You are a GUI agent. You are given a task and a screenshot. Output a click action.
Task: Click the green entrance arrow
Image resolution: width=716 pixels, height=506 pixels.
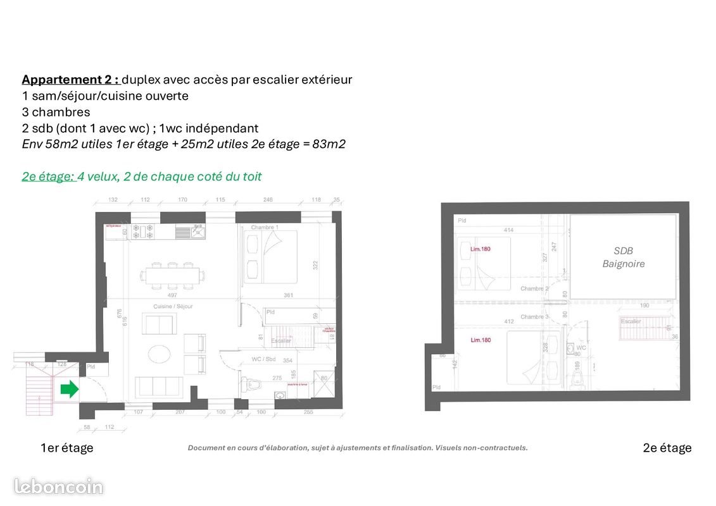69,389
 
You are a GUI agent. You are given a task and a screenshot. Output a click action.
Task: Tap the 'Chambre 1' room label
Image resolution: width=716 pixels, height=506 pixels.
265,227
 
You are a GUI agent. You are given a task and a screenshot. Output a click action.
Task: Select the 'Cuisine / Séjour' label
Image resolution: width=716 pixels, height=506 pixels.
173,306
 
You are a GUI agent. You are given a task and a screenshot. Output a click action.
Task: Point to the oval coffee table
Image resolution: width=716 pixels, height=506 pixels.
159,353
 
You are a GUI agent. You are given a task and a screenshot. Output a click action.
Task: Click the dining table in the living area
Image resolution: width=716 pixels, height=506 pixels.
172,275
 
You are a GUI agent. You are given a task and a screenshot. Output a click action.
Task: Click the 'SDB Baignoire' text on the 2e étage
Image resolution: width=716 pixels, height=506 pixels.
623,257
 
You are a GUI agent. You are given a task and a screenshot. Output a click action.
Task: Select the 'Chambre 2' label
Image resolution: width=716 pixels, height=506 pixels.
534,288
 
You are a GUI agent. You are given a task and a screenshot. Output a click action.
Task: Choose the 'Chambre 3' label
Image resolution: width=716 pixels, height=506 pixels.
534,317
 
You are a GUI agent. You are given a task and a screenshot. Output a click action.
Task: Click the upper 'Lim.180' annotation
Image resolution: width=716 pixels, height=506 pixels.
480,249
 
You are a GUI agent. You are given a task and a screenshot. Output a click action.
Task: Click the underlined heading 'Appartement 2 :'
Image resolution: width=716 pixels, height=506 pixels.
70,80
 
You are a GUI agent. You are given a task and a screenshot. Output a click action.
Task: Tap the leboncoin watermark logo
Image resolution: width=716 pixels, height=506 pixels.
58,486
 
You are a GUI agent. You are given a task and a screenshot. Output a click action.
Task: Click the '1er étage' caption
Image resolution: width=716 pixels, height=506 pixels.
66,448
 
